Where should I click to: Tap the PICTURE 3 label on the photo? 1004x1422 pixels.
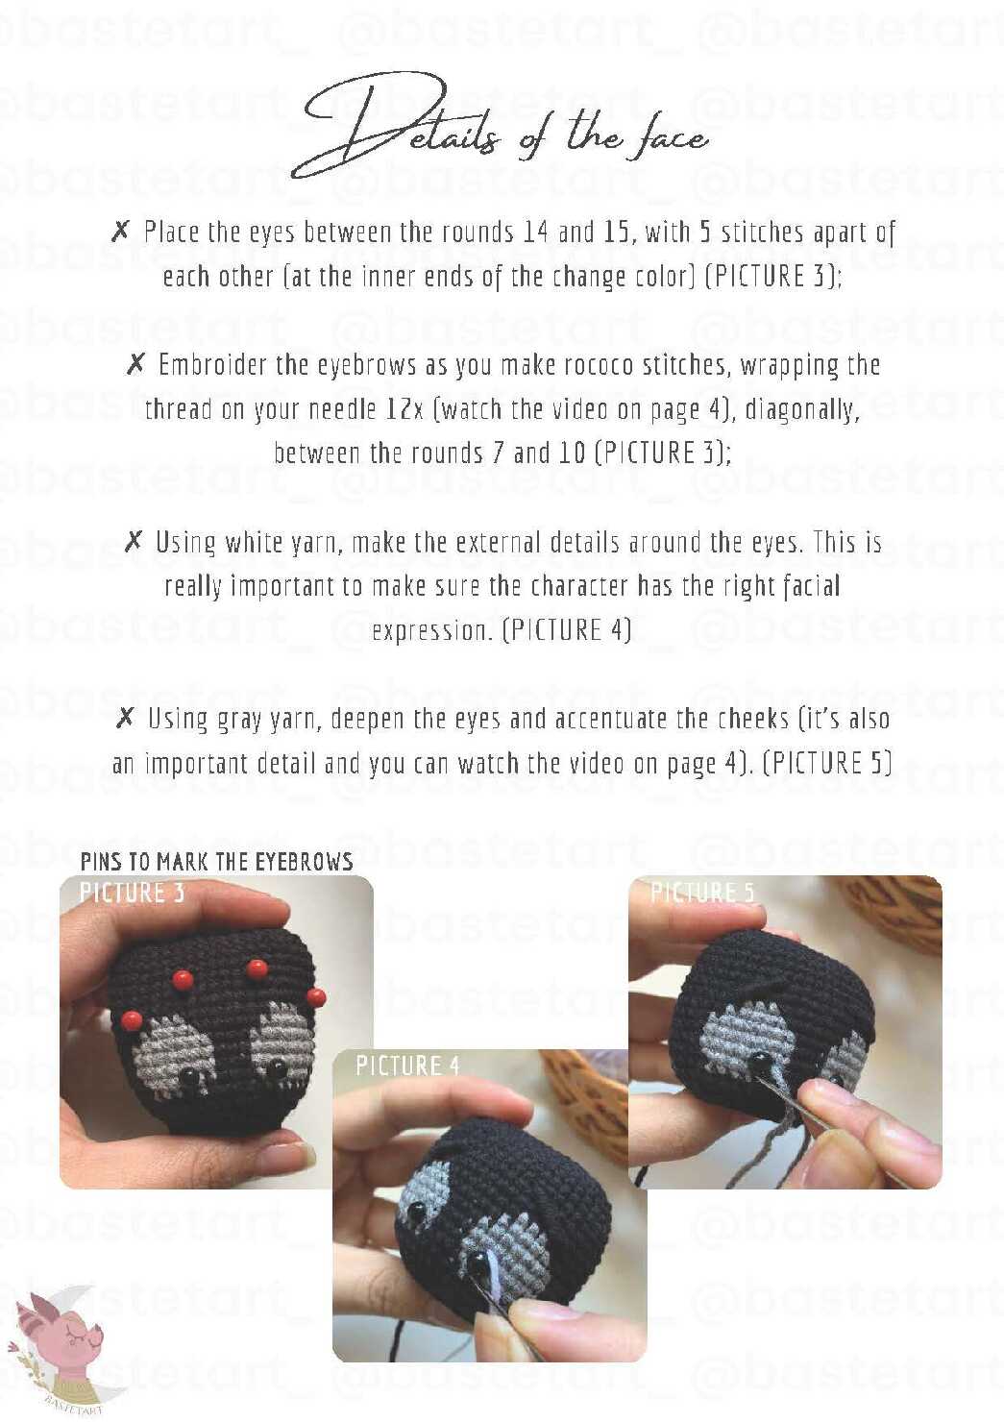point(132,893)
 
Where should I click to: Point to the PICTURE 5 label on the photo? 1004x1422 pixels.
point(702,893)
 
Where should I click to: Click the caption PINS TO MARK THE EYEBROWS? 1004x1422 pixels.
point(216,862)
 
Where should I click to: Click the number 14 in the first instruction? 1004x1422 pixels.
point(535,233)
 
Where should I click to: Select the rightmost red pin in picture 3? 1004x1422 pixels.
point(316,996)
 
